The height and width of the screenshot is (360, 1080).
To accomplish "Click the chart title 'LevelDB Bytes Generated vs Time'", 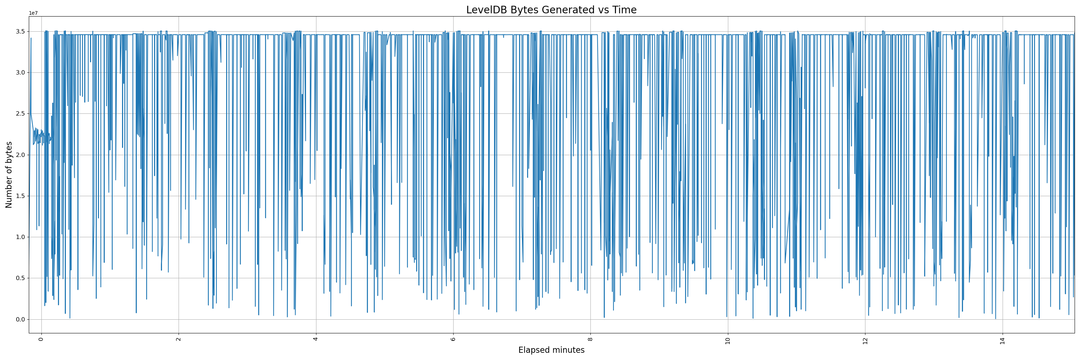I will coord(551,10).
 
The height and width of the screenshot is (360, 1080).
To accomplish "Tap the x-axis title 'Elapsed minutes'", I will coord(551,350).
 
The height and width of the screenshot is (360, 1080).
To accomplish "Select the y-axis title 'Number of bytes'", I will coord(9,175).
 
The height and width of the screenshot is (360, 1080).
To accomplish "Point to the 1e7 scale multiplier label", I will coord(33,13).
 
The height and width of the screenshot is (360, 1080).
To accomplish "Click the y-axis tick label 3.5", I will coord(20,31).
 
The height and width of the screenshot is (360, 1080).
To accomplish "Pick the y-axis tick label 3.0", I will coord(20,72).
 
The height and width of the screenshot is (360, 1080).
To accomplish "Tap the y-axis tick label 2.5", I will coord(20,113).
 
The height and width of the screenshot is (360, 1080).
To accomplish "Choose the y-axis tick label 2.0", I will coord(20,155).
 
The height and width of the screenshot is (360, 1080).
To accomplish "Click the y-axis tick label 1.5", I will coord(20,196).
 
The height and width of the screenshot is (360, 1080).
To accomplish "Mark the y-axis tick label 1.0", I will coord(20,237).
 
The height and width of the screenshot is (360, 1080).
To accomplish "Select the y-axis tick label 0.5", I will coord(20,278).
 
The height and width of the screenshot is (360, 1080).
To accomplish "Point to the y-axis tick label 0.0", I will coord(20,319).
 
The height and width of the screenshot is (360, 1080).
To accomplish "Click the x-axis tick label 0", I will coord(41,339).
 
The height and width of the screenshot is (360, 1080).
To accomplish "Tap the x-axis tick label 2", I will coord(178,339).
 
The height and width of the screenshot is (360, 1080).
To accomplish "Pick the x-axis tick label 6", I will coord(453,339).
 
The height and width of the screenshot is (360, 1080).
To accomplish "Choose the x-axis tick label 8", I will coord(590,339).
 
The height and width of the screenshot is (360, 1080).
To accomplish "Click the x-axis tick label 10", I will coord(728,340).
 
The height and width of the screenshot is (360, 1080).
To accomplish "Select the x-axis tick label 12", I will coord(865,340).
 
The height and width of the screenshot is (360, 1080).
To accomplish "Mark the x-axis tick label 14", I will coord(1003,340).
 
